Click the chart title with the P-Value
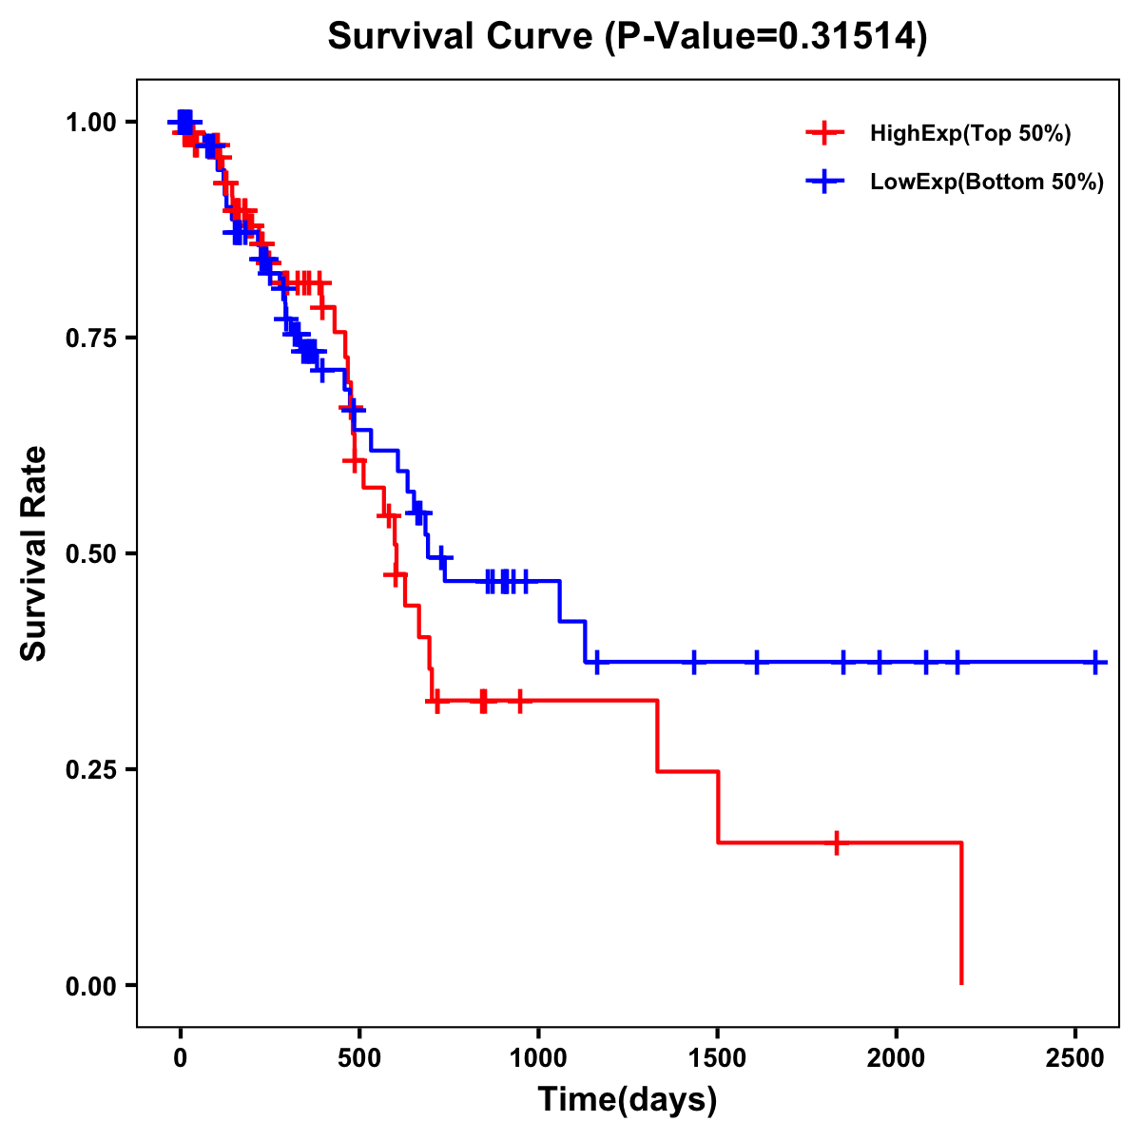coord(627,37)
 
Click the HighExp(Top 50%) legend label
coord(971,134)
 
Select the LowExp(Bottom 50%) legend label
coord(987,183)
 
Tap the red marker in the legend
coord(824,133)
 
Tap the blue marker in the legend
coord(824,182)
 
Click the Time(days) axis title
coord(628,1100)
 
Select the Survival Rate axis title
coord(34,553)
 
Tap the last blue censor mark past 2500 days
coord(1095,662)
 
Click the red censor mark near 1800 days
coord(836,842)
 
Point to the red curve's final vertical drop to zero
coord(961,913)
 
